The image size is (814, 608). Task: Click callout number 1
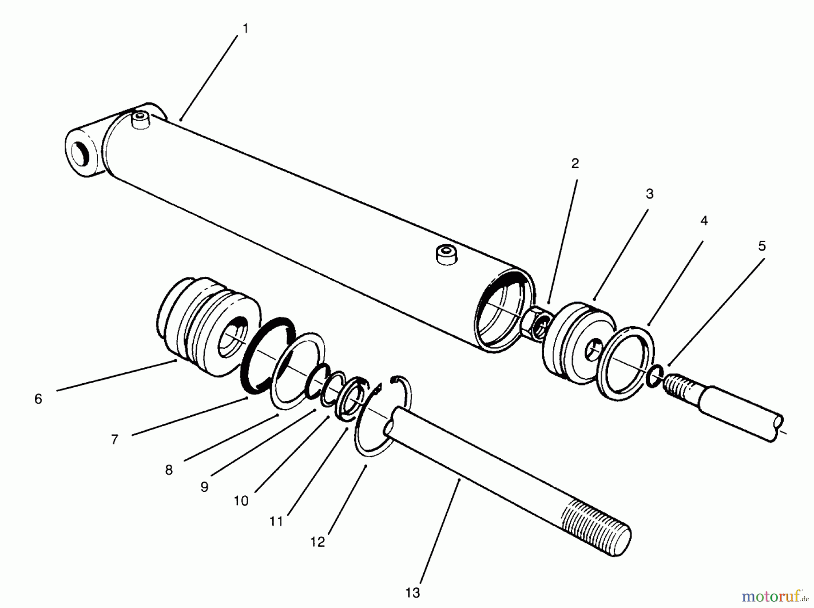coord(245,29)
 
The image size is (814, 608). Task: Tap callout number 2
coord(575,164)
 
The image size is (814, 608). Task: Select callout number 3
coord(649,194)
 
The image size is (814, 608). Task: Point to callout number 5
coord(762,247)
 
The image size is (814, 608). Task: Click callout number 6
coord(38,399)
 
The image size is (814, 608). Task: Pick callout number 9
coord(204,487)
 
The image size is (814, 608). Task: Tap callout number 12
coord(317,542)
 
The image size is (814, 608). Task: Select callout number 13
coord(412,593)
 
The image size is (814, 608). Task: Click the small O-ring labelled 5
coord(655,376)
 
